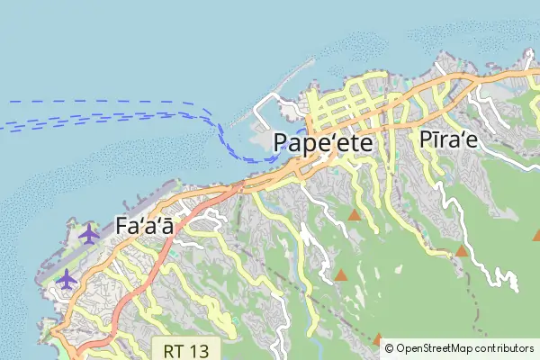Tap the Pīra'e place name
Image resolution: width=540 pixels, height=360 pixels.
[x=447, y=140]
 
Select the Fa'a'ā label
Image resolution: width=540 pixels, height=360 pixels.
[x=145, y=226]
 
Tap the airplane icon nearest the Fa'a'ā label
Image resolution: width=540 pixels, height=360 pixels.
[x=88, y=233]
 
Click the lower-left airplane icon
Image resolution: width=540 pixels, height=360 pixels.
[x=66, y=279]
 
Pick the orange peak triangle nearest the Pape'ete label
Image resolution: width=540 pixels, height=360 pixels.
[x=355, y=216]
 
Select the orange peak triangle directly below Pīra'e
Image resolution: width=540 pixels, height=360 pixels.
[x=462, y=250]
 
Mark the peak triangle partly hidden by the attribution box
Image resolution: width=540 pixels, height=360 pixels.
[x=379, y=340]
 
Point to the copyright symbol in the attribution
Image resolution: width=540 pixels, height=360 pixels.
[x=390, y=347]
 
